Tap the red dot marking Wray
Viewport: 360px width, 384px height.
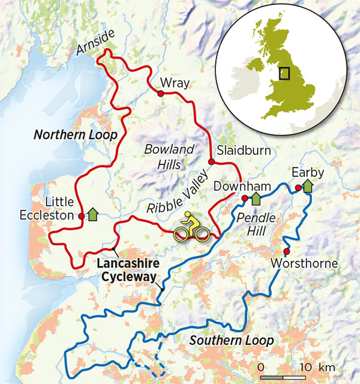click(x=160, y=94)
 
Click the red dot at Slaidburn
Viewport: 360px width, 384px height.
click(x=211, y=162)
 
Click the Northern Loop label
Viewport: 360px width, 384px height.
click(x=75, y=134)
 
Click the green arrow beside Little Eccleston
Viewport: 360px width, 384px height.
click(x=93, y=213)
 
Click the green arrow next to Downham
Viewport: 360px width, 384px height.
click(x=256, y=198)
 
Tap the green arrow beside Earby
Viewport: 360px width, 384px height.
click(x=308, y=187)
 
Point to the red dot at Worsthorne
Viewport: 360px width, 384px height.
click(x=286, y=251)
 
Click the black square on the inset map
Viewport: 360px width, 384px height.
click(x=287, y=73)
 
